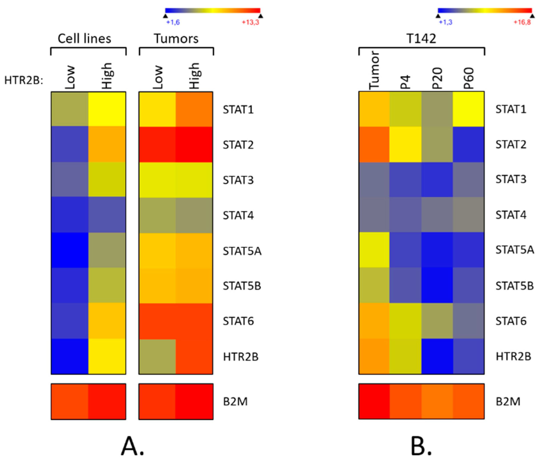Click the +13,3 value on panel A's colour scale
coord(250,22)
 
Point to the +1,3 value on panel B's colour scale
coord(446,22)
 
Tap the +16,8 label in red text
coord(522,22)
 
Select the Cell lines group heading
coord(84,39)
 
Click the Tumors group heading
coord(176,39)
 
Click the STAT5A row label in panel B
coord(514,250)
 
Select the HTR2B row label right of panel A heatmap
coord(241,357)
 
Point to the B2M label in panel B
coord(508,402)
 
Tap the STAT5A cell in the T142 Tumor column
coord(374,250)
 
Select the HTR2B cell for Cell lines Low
coord(70,357)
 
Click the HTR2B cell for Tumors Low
coord(157,357)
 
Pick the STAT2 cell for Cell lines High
coord(107,145)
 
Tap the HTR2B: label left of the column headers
coord(24,80)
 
